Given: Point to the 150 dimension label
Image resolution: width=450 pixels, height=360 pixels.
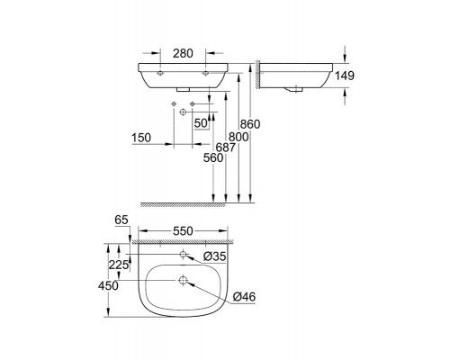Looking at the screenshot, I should click(140, 138).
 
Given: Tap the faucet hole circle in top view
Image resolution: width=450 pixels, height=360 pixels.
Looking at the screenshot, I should click(183, 256).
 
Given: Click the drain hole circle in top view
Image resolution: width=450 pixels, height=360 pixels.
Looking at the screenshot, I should click(183, 282).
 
